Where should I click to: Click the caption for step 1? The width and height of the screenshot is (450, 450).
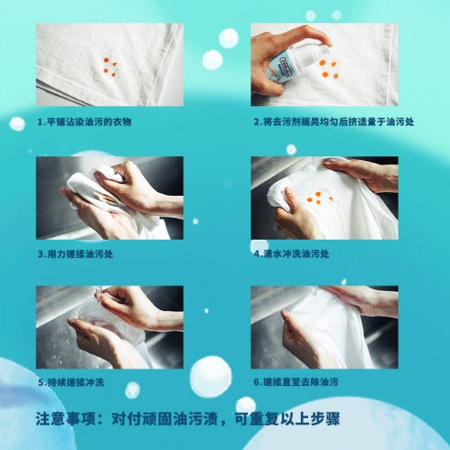(x=84, y=122)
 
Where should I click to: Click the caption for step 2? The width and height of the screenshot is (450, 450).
(x=334, y=122)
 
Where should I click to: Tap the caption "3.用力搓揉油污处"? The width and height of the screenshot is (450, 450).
(x=75, y=254)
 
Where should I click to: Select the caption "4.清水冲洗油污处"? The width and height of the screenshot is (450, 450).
(x=292, y=254)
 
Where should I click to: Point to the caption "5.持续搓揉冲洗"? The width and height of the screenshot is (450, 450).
(x=70, y=382)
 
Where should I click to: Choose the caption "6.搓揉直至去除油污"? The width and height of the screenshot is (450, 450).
(x=296, y=381)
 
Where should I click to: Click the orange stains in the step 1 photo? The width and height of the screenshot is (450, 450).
(x=110, y=67)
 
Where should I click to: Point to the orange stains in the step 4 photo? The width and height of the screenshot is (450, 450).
(x=320, y=198)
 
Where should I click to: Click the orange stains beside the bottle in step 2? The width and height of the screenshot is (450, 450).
(x=328, y=70)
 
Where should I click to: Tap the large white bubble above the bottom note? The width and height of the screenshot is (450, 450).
(x=210, y=375)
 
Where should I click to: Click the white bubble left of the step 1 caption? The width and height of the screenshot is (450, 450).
(x=17, y=123)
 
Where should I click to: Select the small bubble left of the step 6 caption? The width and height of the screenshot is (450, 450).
(x=133, y=390)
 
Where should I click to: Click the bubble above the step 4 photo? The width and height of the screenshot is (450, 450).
(x=291, y=149)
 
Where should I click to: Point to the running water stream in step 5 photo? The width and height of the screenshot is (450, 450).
(x=99, y=295)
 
